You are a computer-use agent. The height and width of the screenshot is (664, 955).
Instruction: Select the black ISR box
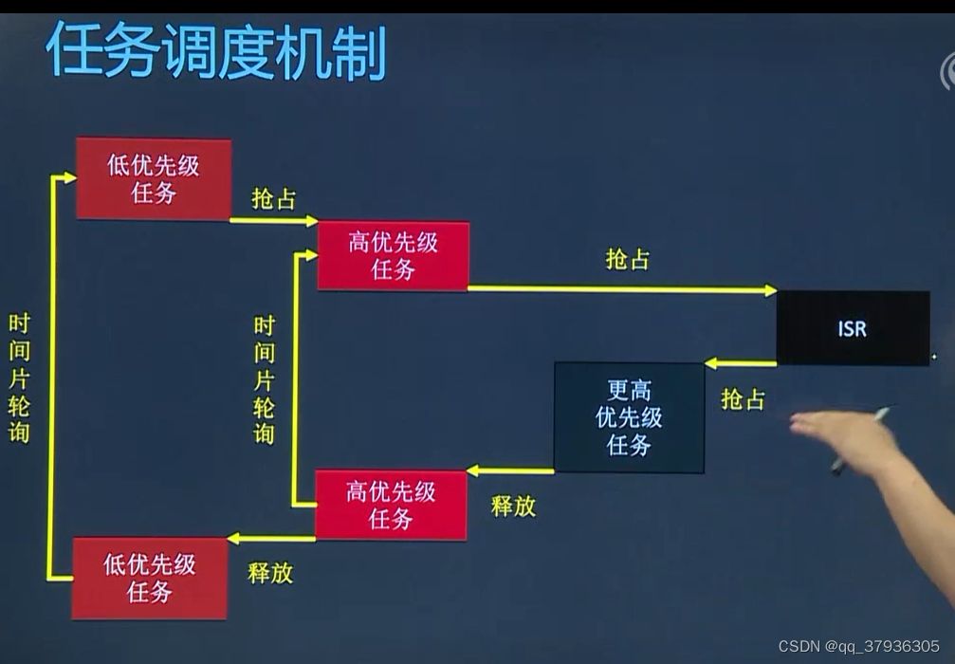coord(852,328)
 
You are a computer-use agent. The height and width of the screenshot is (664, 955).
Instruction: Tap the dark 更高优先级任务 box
coord(629,417)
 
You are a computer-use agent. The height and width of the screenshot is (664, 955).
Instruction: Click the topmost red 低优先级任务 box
coord(154,178)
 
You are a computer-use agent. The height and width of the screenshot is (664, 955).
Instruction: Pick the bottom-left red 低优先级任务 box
coord(150,578)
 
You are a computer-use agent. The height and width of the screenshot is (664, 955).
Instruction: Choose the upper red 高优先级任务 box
coord(393,255)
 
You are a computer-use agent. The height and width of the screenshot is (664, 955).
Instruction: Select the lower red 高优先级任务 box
coord(391,505)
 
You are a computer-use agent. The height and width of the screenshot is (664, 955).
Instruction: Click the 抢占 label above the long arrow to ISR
coord(628,259)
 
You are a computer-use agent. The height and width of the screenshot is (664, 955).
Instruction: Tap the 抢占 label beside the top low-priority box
coord(273,198)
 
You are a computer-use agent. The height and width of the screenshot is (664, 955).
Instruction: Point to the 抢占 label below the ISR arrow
coord(743,398)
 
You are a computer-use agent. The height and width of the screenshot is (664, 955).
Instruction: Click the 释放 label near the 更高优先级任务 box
coord(513,506)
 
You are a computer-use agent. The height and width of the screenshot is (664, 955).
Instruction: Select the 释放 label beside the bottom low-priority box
coord(270,572)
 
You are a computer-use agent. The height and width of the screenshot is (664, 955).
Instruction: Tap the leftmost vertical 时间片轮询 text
coord(19,378)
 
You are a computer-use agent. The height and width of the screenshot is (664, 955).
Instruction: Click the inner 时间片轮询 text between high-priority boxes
coord(265,379)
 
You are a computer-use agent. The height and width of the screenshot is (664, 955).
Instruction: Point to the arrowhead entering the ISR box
coord(770,290)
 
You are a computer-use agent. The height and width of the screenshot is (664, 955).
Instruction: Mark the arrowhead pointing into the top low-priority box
coord(69,176)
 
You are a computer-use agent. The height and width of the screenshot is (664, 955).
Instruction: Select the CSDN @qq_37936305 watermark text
coord(858,646)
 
